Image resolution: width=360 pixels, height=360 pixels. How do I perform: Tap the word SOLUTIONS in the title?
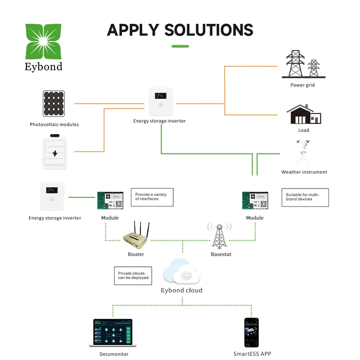(x=209, y=30)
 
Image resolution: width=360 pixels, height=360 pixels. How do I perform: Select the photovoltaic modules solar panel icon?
(x=54, y=104)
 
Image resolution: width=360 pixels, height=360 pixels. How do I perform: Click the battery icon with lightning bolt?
(x=55, y=153)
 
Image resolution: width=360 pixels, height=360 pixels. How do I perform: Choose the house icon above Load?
(x=304, y=115)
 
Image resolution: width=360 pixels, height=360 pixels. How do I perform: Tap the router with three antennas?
(x=136, y=235)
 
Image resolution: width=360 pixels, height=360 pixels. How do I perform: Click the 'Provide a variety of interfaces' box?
(x=152, y=197)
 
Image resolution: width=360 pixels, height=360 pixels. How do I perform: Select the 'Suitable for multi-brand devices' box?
(x=305, y=197)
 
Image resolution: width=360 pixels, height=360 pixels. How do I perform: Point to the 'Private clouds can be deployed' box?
(x=132, y=275)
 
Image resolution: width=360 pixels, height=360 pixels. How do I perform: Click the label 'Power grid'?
(x=302, y=85)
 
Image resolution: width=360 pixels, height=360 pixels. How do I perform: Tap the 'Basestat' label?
(x=221, y=255)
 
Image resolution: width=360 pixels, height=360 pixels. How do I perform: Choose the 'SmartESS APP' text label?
(x=252, y=354)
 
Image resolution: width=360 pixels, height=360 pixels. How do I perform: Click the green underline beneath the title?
(x=180, y=46)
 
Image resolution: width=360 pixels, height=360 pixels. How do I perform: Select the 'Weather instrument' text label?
(x=304, y=172)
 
